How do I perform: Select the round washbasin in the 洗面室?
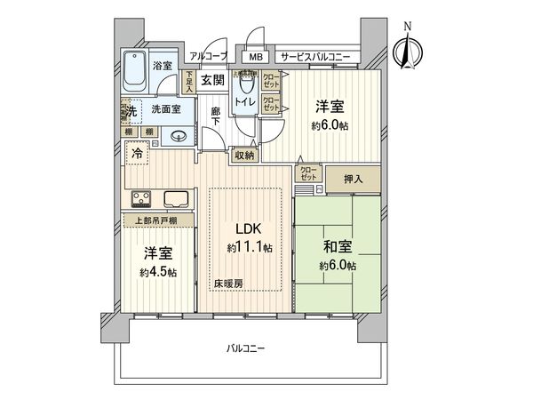(x=179, y=137)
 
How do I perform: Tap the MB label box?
(x=256, y=57)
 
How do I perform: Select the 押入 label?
(x=353, y=179)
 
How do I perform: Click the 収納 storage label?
(x=245, y=155)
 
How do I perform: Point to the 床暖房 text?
(x=227, y=284)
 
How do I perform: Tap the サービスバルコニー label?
(x=314, y=57)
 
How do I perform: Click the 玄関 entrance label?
(x=211, y=80)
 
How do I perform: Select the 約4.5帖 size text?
(x=158, y=271)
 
